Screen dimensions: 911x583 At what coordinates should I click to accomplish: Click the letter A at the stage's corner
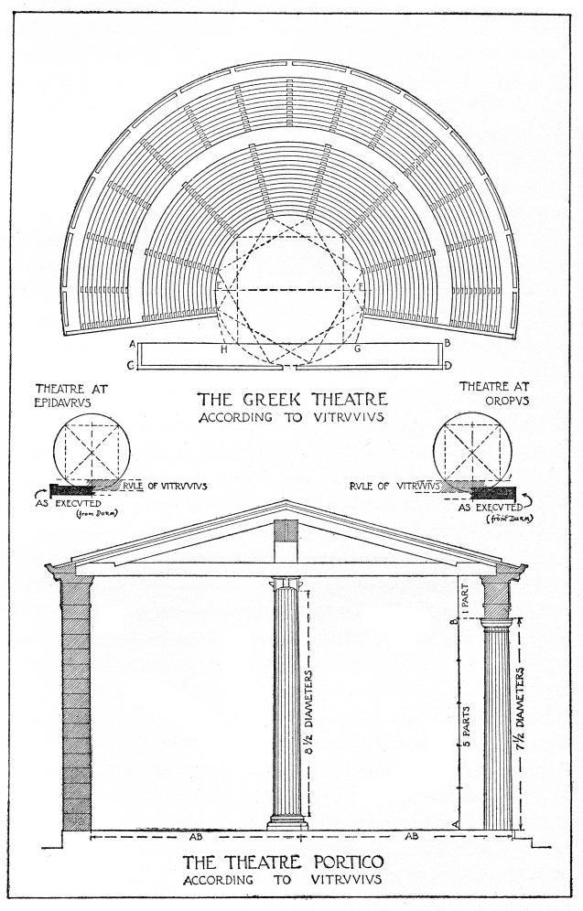click(x=134, y=344)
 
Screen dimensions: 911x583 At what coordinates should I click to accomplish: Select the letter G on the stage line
click(x=356, y=348)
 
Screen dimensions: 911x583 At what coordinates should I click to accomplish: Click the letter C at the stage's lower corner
click(x=134, y=366)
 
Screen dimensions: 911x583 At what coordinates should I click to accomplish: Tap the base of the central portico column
click(x=286, y=824)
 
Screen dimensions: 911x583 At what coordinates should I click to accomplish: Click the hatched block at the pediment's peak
click(x=286, y=531)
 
